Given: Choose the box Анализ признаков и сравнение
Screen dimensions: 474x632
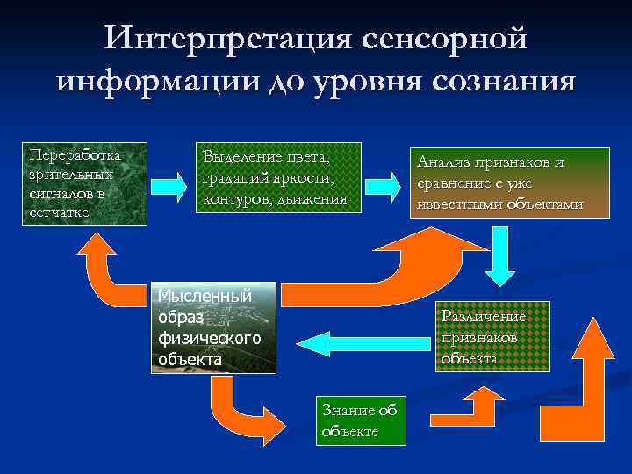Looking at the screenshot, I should point(499,183).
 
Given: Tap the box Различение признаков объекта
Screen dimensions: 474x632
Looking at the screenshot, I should point(484,337).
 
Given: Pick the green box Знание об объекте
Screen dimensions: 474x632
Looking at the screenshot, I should point(359,420).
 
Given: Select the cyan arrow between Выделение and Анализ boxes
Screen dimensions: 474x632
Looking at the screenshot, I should point(379,187).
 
